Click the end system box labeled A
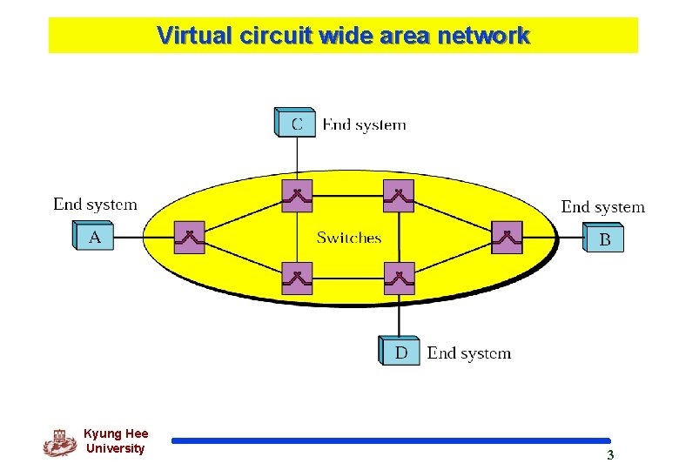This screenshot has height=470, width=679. [93, 236]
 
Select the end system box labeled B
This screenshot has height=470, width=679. [603, 238]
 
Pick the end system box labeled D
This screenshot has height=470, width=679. [400, 351]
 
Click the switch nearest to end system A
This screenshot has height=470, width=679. [189, 237]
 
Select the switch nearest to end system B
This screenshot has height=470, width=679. [507, 237]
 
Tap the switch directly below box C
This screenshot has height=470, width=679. [297, 196]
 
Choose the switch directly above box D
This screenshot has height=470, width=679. [399, 279]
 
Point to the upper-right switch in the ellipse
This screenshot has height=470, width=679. [399, 196]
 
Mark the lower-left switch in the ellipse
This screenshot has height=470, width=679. [297, 279]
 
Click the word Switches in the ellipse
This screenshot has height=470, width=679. [349, 238]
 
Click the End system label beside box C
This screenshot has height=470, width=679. [364, 124]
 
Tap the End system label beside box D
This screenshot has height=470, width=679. [468, 352]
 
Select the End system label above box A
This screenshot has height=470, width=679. [95, 205]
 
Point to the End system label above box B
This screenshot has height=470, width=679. [602, 206]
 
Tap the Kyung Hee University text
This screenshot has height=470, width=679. [116, 440]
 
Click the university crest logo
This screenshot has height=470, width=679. [59, 442]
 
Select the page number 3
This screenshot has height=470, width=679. [610, 455]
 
